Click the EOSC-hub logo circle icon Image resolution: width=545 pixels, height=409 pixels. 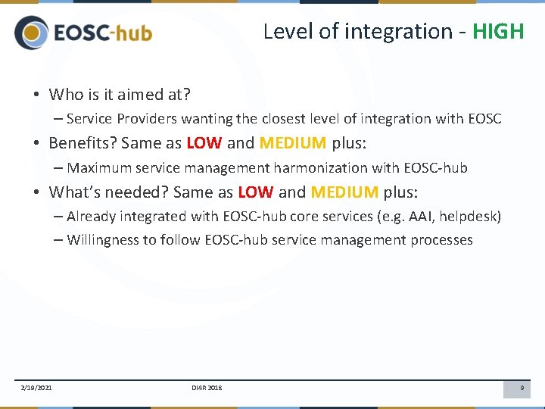pos(31,33)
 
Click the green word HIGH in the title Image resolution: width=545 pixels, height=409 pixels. pos(498,31)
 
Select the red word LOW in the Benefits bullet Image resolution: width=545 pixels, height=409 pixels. pos(204,143)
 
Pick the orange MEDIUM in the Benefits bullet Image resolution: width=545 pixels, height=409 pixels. pos(292,143)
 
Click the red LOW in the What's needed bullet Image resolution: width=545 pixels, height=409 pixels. pos(255,192)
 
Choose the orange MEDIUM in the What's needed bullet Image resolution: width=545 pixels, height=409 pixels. pos(344,192)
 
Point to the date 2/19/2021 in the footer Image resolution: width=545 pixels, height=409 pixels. pos(36,389)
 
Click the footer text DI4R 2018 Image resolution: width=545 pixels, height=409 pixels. pos(207,389)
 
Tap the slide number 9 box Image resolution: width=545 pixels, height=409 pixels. pos(521,389)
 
